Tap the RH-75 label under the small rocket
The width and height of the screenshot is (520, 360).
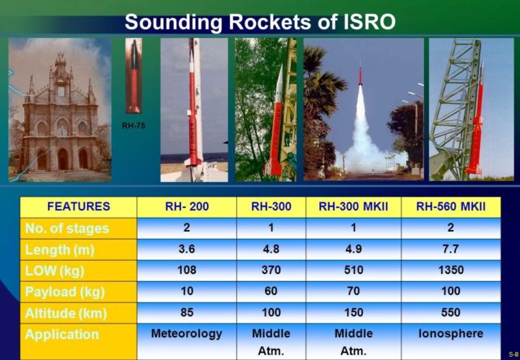pyautogui.click(x=133, y=126)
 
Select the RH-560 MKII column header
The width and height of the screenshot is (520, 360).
pyautogui.click(x=451, y=206)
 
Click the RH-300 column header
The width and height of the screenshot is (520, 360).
pyautogui.click(x=271, y=206)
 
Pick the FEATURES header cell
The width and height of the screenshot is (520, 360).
pyautogui.click(x=79, y=206)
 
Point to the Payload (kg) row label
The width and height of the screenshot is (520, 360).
pyautogui.click(x=65, y=293)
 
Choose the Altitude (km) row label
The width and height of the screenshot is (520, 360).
pyautogui.click(x=66, y=314)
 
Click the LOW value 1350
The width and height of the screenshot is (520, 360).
pyautogui.click(x=451, y=270)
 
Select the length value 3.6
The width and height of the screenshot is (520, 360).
pyautogui.click(x=187, y=249)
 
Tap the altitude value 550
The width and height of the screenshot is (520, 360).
pyautogui.click(x=451, y=312)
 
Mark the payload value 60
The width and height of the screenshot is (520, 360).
pyautogui.click(x=271, y=291)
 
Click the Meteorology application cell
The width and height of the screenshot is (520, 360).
pyautogui.click(x=187, y=334)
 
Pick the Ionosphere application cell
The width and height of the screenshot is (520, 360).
pyautogui.click(x=451, y=333)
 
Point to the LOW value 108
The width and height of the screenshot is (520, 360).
pyautogui.click(x=187, y=270)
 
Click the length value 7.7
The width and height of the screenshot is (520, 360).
pyautogui.click(x=451, y=249)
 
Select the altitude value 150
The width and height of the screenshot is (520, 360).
pyautogui.click(x=353, y=312)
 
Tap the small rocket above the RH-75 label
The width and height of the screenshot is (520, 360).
pyautogui.click(x=133, y=76)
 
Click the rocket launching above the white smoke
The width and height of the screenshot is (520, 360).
pyautogui.click(x=360, y=75)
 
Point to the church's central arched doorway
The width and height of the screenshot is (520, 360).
pyautogui.click(x=63, y=159)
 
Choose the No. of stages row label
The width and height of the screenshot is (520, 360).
pyautogui.click(x=67, y=228)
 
